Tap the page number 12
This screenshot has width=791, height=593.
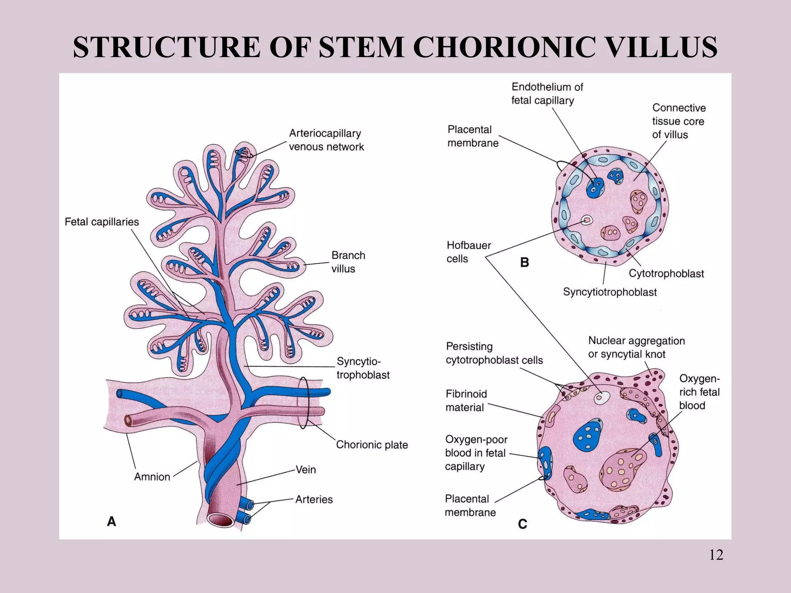tap(716, 555)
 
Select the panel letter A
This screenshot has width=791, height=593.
tap(111, 522)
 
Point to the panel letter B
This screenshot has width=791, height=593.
tap(524, 263)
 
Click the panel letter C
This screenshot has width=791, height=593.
tap(522, 524)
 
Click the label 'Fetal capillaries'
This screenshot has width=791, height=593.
tap(102, 222)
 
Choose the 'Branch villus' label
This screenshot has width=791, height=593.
tap(348, 262)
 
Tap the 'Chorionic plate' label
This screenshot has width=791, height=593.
tap(372, 445)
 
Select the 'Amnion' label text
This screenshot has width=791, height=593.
tap(152, 477)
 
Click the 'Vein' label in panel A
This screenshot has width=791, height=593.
tap(306, 470)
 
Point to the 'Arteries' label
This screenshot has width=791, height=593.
tap(314, 500)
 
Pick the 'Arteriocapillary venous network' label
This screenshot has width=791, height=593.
tap(326, 140)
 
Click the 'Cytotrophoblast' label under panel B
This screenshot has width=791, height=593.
tap(666, 274)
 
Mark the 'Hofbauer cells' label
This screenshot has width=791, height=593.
tap(468, 252)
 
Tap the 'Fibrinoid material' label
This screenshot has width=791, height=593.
tap(466, 401)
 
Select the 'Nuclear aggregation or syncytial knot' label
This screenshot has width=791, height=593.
tap(636, 347)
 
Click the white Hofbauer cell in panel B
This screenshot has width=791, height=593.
tap(587, 220)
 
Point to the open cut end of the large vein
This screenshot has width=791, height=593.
tap(221, 520)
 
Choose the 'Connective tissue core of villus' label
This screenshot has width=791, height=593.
tap(678, 121)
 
